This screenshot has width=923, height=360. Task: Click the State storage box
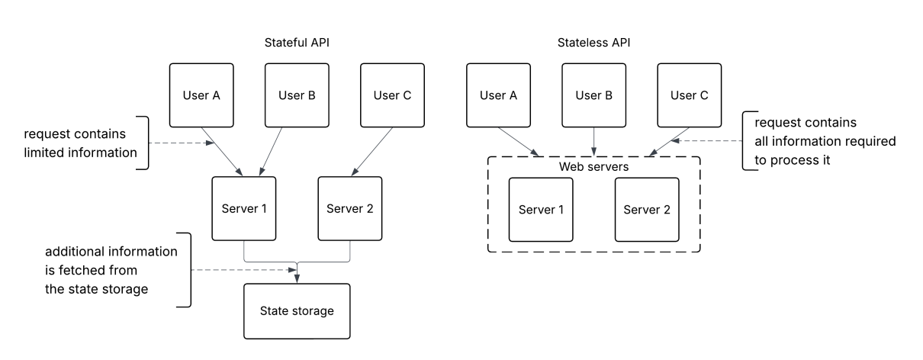(x=297, y=311)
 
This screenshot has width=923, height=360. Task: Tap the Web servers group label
(x=593, y=166)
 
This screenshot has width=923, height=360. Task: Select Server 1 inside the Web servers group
(x=541, y=210)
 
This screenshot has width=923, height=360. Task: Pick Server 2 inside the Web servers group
(x=647, y=210)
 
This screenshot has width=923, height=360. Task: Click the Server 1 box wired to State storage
(x=244, y=209)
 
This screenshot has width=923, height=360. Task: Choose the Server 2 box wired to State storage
(x=349, y=209)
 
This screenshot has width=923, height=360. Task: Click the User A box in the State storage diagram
(x=201, y=95)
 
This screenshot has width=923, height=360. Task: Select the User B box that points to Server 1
(x=297, y=95)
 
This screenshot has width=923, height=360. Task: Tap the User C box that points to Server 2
(x=392, y=95)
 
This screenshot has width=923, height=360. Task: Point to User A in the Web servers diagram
(x=498, y=95)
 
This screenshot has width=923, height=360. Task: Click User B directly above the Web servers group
(x=593, y=95)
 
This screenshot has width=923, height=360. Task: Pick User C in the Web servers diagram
(x=689, y=95)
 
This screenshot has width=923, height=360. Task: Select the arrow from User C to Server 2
(x=371, y=152)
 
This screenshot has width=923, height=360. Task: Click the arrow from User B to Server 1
(x=271, y=152)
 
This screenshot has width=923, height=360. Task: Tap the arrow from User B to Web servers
(x=593, y=141)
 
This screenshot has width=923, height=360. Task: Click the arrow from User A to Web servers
(x=519, y=141)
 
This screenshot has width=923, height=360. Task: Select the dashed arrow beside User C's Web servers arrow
(x=709, y=141)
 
